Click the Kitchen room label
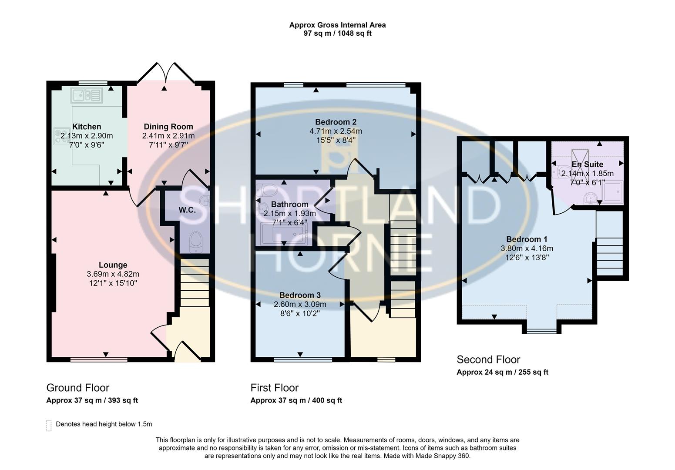click(x=87, y=127)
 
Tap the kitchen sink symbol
click(x=87, y=95)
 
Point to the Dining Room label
click(x=168, y=127)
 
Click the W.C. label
click(x=187, y=210)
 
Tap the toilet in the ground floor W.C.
click(x=196, y=242)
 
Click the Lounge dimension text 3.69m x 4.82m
click(x=113, y=274)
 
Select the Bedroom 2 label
click(x=336, y=122)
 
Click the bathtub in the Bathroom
click(x=283, y=235)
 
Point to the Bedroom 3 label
click(x=300, y=295)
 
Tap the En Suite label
click(x=588, y=164)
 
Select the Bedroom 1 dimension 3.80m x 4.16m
click(x=527, y=248)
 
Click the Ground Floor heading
click(x=78, y=388)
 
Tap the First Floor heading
click(x=275, y=388)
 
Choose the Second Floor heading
click(x=488, y=359)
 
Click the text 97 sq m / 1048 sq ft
click(x=338, y=34)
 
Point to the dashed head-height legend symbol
click(x=49, y=426)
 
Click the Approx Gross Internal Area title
click(x=338, y=25)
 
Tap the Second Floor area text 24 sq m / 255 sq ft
click(x=517, y=373)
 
